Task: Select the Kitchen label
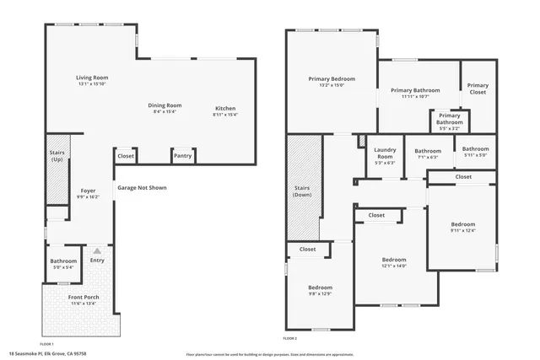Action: tap(225, 109)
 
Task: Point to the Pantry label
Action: tap(182, 156)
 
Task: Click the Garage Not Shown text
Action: tap(142, 187)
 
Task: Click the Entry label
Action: tap(97, 261)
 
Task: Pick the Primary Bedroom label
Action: tap(331, 79)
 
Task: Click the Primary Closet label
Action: tap(478, 88)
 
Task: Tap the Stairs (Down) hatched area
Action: tap(302, 190)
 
